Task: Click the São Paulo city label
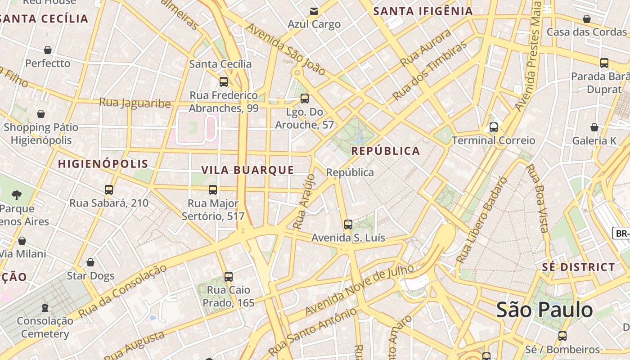[x=544, y=310]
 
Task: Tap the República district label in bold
[x=386, y=151]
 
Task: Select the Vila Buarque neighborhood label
[x=247, y=170]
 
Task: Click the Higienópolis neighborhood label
[x=103, y=164]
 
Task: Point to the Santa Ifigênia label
[x=423, y=11]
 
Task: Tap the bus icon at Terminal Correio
[x=494, y=127]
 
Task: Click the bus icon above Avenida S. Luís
[x=348, y=224]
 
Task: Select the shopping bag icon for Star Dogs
[x=90, y=262]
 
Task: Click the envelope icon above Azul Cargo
[x=314, y=11]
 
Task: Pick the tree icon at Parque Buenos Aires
[x=17, y=195]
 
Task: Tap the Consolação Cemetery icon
[x=45, y=308]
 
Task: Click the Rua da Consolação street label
[x=122, y=291]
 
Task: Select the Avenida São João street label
[x=285, y=49]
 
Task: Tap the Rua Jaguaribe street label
[x=135, y=103]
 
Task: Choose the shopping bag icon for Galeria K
[x=594, y=127]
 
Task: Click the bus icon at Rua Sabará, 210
[x=109, y=190]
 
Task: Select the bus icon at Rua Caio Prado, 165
[x=229, y=276]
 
